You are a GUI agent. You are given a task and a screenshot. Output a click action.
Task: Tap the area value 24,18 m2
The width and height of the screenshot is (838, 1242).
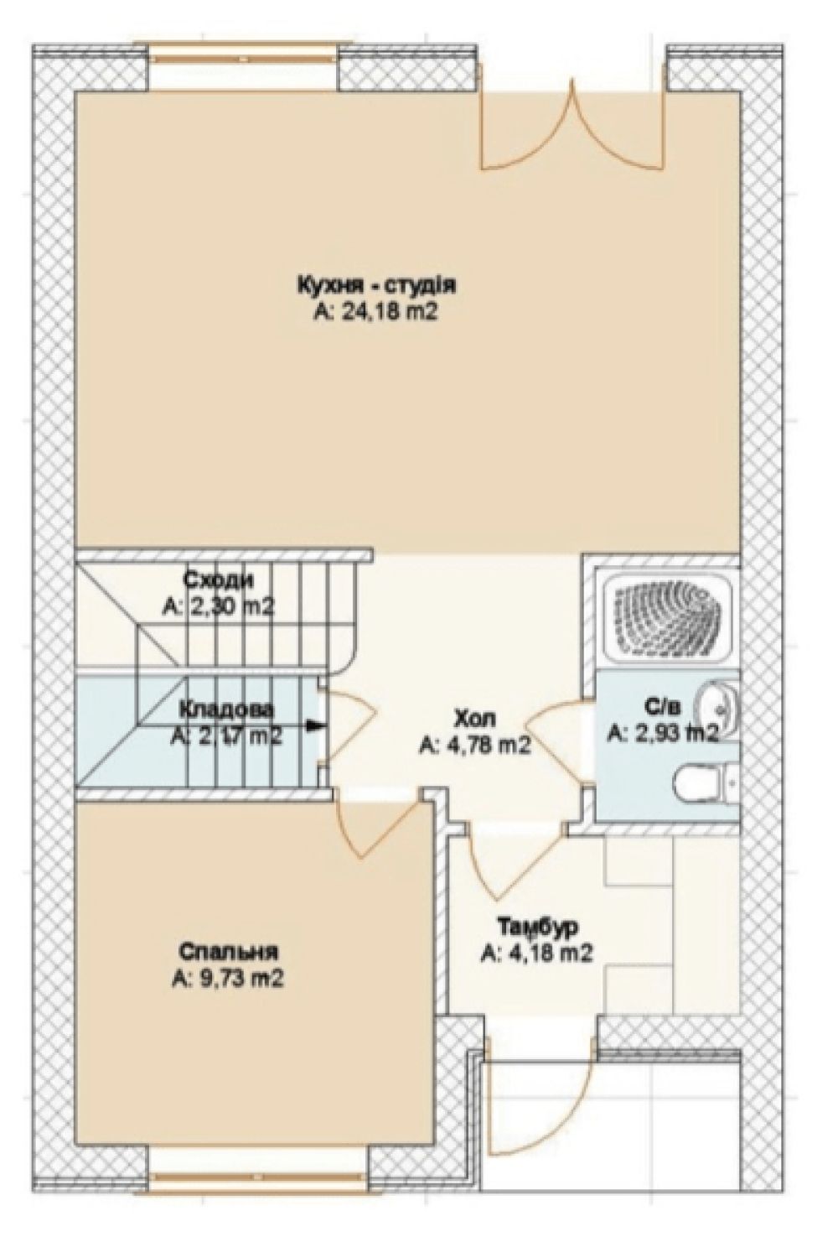(377, 313)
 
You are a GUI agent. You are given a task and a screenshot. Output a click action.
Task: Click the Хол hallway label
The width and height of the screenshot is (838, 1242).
(475, 720)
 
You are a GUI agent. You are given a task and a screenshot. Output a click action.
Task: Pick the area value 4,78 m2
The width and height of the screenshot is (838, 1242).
(475, 746)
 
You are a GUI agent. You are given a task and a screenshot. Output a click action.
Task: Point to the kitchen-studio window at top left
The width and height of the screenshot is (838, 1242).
(244, 59)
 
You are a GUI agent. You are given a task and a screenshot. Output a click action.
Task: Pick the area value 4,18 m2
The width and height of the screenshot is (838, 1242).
(537, 954)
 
